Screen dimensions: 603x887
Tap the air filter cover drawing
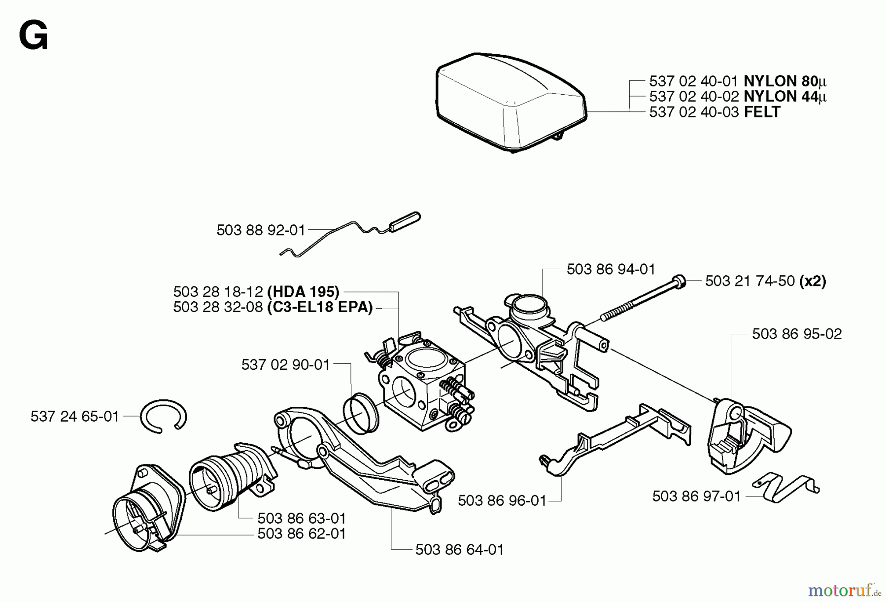point(510,101)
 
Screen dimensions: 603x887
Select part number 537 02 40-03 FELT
point(715,112)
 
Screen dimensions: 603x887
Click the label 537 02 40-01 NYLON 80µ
point(737,81)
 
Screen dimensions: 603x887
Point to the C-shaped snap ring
point(163,417)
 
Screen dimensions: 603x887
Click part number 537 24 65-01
point(75,417)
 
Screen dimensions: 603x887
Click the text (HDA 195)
point(303,292)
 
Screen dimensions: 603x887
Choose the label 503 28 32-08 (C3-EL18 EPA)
point(273,307)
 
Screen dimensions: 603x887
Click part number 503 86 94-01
point(611,269)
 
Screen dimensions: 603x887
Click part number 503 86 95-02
point(797,334)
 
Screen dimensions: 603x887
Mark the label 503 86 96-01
point(502,501)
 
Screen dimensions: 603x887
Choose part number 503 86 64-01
point(460,550)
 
